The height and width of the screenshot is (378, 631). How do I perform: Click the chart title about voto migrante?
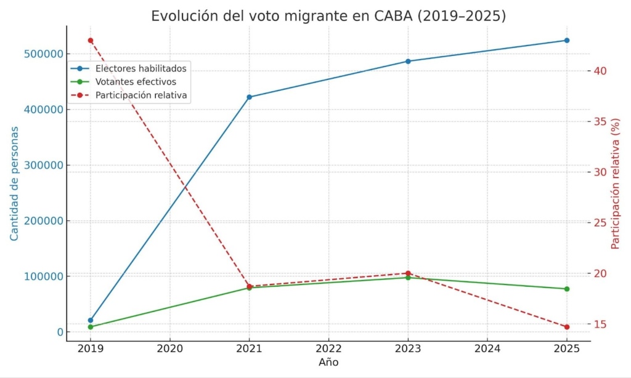(328, 17)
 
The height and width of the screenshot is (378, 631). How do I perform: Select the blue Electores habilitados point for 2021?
(249, 97)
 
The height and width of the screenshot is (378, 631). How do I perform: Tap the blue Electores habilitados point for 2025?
(567, 40)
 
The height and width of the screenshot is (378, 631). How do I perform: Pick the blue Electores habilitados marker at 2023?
(408, 61)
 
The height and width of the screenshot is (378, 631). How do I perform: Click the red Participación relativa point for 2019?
(91, 41)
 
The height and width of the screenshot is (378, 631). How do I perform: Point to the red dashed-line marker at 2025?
(567, 327)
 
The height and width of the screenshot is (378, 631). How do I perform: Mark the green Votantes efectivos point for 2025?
(567, 289)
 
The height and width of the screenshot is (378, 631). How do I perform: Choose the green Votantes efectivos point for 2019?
(91, 327)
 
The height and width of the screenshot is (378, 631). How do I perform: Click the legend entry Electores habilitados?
(140, 68)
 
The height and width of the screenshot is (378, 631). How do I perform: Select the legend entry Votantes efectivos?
(136, 82)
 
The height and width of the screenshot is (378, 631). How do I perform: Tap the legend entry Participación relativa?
(141, 95)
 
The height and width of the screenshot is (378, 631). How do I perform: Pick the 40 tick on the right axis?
(602, 71)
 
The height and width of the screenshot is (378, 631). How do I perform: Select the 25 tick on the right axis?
(602, 223)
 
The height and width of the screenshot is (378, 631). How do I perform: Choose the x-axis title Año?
(328, 363)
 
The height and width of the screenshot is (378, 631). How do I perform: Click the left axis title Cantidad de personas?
(14, 183)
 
